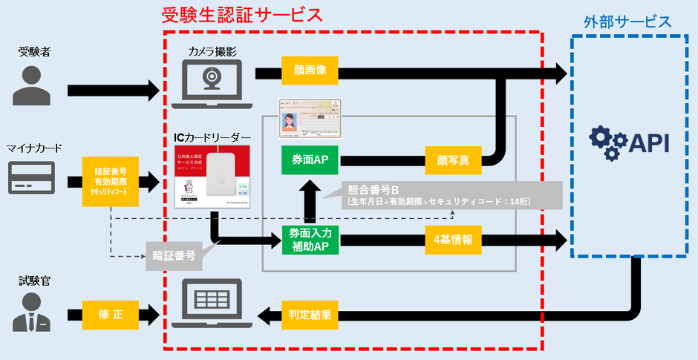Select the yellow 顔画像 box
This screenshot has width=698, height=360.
(x=310, y=72)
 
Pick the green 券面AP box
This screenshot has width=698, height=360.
(x=311, y=159)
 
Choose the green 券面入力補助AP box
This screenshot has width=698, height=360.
(x=311, y=240)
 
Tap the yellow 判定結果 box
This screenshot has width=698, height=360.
(x=310, y=314)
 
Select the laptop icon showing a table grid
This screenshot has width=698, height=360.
(x=212, y=303)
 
